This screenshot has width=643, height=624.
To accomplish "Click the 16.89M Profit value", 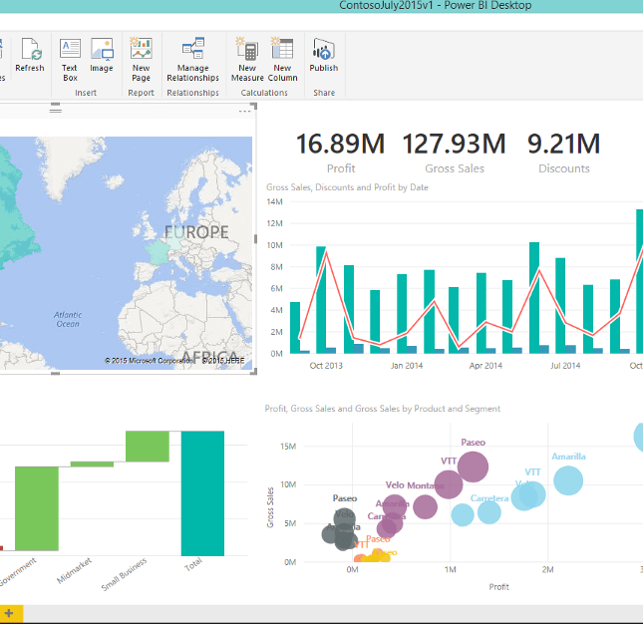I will coord(341,145).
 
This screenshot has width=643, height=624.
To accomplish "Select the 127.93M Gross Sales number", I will coord(454,145).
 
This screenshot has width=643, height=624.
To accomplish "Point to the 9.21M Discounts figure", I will coord(563,145).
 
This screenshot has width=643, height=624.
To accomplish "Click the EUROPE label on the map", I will coord(196,232).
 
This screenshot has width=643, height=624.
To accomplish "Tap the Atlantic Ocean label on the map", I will coord(68,319).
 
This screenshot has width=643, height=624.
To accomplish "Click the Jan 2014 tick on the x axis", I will coord(406,366).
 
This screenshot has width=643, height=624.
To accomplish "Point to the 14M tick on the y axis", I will coord(276,201).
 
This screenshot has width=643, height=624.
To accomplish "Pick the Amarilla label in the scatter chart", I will coord(568,457).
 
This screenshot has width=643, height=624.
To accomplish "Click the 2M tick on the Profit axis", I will coord(547,569).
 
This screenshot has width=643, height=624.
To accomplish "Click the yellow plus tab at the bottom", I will coord(9,614).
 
